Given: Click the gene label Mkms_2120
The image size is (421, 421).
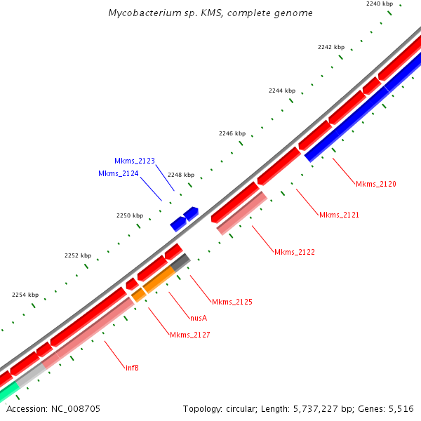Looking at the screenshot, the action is [x=375, y=184].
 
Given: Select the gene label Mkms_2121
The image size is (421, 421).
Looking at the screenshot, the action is [x=339, y=215].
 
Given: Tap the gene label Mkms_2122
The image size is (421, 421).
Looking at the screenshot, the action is [x=294, y=252].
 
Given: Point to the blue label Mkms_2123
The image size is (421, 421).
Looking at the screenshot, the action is [x=135, y=161].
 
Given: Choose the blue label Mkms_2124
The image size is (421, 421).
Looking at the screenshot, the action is [x=118, y=173].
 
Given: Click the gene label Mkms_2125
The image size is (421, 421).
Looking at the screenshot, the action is [x=232, y=302].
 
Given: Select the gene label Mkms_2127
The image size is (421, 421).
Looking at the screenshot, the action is [x=189, y=335].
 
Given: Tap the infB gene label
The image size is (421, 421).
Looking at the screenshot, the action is [x=131, y=367].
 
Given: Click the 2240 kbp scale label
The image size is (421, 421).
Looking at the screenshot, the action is [x=380, y=4].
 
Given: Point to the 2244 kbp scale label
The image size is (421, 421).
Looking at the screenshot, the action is [x=282, y=91].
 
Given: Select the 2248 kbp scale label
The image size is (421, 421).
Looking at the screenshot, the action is [x=180, y=175].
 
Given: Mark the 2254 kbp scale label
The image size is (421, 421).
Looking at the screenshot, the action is [x=25, y=295].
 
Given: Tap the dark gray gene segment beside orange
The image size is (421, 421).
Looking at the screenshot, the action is [x=181, y=263].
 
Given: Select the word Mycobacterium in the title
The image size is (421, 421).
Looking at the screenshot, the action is [x=140, y=13].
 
